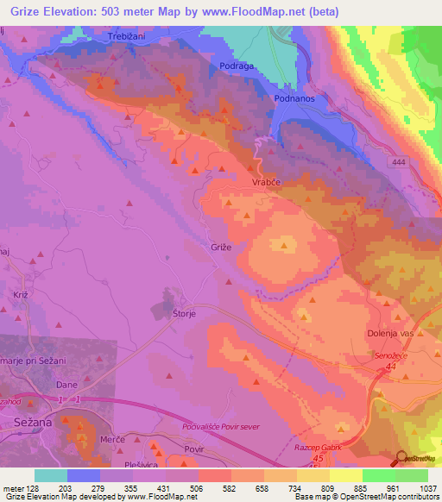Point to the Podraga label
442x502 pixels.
coord(236,66)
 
